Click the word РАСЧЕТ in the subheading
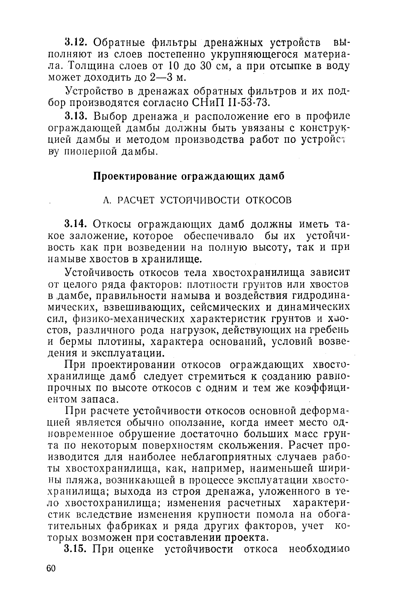tap(137, 200)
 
